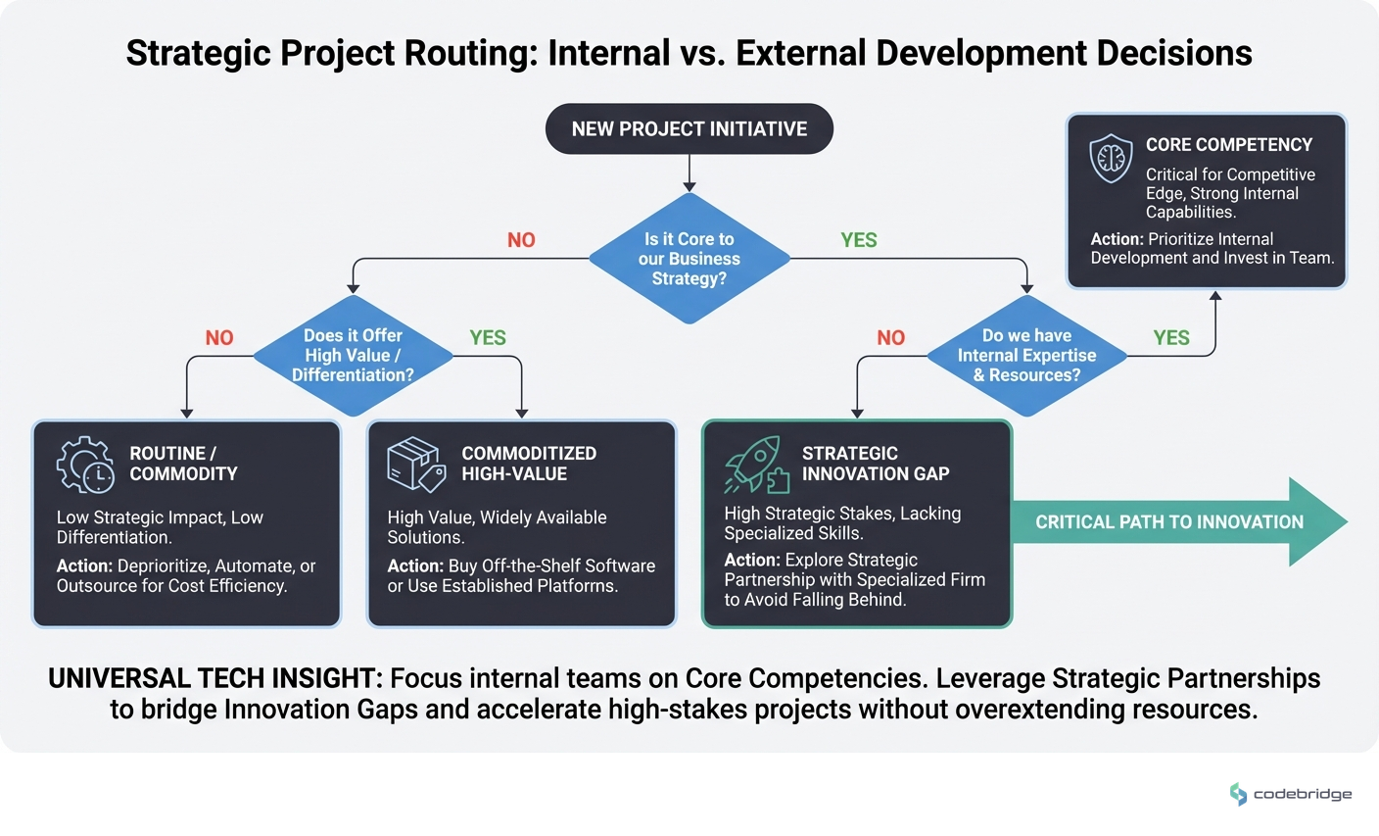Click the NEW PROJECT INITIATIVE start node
point(689,129)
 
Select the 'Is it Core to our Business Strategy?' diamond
point(689,259)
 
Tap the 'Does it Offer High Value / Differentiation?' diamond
point(353,355)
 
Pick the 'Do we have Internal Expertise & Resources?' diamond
point(1026,355)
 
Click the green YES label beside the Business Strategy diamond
point(858,240)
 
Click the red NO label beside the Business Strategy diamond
point(521,240)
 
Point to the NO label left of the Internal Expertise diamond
point(890,338)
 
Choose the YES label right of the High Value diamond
point(487,338)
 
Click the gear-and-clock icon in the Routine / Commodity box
point(85,465)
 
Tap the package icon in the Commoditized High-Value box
point(416,465)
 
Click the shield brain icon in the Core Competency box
point(1111,158)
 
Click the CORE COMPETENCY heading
point(1228,145)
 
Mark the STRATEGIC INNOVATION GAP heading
point(875,464)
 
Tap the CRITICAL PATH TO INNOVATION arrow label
point(1168,522)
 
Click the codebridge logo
point(1290,794)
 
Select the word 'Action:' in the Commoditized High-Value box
point(415,566)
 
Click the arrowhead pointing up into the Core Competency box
point(1215,295)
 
